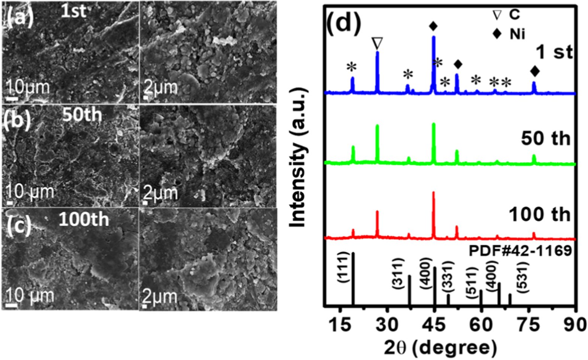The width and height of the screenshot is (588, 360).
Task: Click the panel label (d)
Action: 343,23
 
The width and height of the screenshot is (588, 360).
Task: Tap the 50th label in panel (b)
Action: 82,115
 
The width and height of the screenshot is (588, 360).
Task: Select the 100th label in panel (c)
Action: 84,219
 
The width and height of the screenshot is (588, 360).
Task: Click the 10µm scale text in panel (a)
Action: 28,88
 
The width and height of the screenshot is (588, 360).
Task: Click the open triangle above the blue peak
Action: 377,43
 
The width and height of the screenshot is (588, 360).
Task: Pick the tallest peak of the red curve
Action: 434,193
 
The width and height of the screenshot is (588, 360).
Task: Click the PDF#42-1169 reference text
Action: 520,250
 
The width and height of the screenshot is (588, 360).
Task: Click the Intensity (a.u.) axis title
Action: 298,157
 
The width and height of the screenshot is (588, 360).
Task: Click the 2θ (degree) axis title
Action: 440,347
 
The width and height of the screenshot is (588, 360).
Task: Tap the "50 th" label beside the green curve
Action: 545,138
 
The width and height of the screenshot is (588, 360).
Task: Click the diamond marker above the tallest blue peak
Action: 433,26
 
